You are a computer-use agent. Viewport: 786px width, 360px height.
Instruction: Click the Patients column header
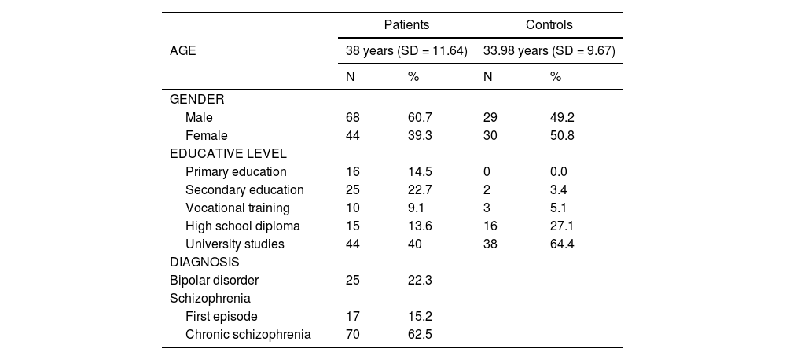tap(406, 25)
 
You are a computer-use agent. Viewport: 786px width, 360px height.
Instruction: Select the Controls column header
tap(549, 25)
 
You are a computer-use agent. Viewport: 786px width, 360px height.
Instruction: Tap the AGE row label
tap(183, 51)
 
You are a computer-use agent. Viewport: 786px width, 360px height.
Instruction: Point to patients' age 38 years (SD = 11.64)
tap(406, 51)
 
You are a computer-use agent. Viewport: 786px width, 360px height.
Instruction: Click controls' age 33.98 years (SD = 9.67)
tap(549, 51)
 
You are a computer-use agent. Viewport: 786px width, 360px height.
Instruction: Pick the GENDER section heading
tap(196, 100)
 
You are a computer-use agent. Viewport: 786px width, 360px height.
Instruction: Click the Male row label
tap(199, 118)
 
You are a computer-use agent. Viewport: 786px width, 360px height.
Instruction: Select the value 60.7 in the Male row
tap(419, 118)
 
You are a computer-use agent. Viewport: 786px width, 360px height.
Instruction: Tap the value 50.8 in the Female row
tap(563, 136)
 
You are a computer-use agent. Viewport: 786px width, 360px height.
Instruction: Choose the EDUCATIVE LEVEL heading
tap(228, 153)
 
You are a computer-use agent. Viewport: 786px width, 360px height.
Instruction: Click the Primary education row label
tap(236, 172)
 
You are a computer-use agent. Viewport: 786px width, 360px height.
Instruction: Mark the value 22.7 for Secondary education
tap(419, 190)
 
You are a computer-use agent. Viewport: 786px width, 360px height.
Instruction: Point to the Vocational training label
tap(237, 208)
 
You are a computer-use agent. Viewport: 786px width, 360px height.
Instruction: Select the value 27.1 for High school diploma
tap(563, 226)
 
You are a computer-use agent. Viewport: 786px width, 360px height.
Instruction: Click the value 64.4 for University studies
tap(563, 244)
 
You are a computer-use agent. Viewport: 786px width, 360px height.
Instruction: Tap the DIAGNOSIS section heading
tap(204, 262)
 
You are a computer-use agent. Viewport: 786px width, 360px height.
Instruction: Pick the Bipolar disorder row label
tap(214, 281)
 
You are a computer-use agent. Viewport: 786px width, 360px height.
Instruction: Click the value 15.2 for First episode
tap(419, 317)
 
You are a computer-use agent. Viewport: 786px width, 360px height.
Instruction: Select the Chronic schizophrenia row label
tap(248, 335)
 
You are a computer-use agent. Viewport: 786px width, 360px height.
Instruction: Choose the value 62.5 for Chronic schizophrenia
tap(419, 335)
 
